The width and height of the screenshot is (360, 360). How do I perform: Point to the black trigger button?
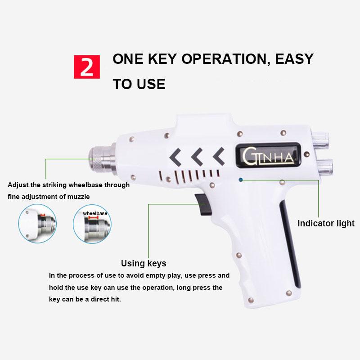click(203, 204)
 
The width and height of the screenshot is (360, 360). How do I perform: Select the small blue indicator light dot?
click(241, 180)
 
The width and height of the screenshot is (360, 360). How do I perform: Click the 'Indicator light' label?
click(326, 224)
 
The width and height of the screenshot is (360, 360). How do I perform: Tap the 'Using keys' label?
click(144, 264)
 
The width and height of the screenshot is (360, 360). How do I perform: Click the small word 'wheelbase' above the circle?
click(95, 213)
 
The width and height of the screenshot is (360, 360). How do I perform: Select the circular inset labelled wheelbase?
click(92, 224)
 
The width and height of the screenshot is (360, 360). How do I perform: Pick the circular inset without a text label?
click(37, 224)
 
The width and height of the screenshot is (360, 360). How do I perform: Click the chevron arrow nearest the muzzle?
click(175, 157)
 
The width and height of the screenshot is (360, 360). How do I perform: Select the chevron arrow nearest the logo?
click(219, 156)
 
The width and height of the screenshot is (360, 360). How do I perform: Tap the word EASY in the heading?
click(291, 59)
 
